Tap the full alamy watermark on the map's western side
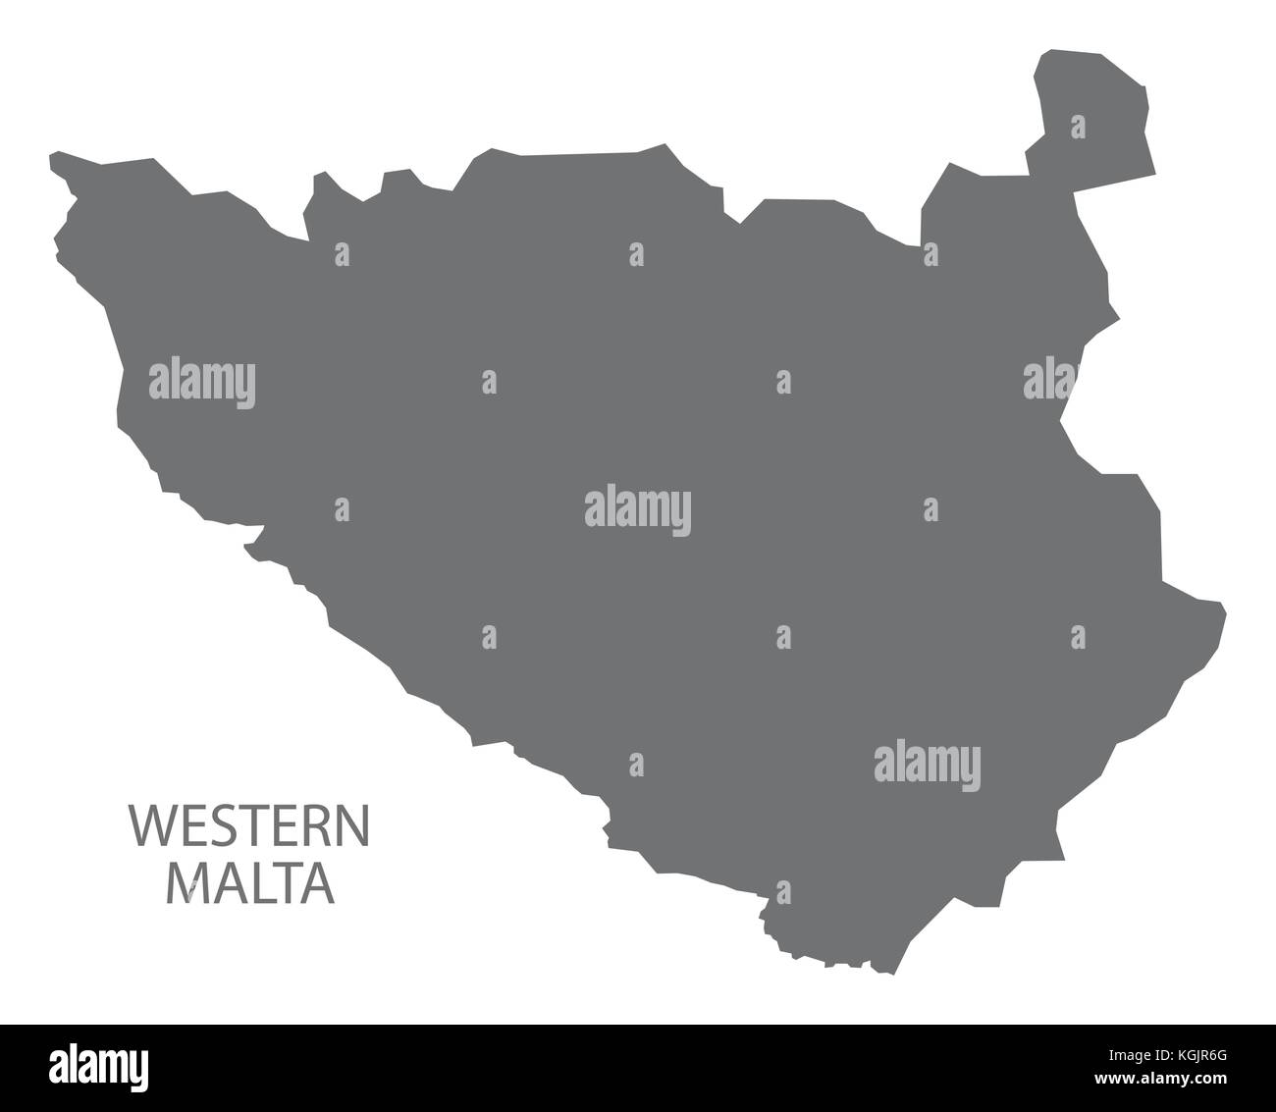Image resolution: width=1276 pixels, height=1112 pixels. pyautogui.click(x=202, y=383)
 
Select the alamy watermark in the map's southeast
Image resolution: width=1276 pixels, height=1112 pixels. pyautogui.click(x=927, y=766)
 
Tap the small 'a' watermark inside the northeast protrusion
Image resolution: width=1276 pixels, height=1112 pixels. pyautogui.click(x=1078, y=128)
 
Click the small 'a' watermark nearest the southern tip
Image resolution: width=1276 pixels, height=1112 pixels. pyautogui.click(x=782, y=893)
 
